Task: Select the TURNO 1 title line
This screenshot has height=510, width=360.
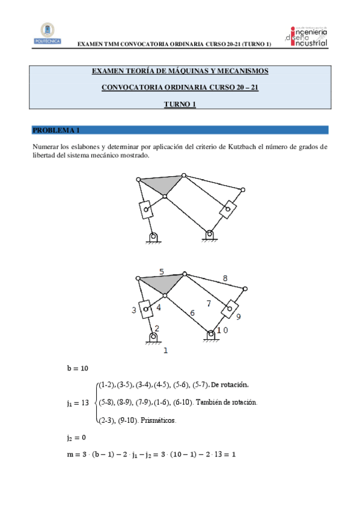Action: [x=180, y=105]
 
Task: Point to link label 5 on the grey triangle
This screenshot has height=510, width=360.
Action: [x=161, y=271]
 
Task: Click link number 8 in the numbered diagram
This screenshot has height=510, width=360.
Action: [x=225, y=278]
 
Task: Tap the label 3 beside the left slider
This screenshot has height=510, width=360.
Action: [x=134, y=310]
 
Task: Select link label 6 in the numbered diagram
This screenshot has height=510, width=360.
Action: [x=192, y=313]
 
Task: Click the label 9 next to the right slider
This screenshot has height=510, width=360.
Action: [x=239, y=316]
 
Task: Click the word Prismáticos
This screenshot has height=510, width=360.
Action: [x=159, y=420]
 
